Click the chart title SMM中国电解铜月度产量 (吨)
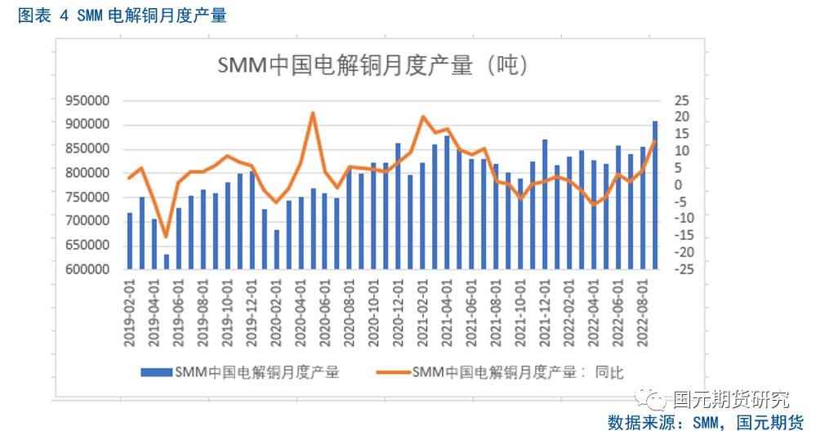pyautogui.click(x=371, y=66)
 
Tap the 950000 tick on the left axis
pyautogui.click(x=87, y=101)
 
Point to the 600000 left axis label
pyautogui.click(x=87, y=269)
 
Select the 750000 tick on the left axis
pyautogui.click(x=87, y=198)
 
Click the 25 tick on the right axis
pyautogui.click(x=680, y=100)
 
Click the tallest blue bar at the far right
pyautogui.click(x=655, y=195)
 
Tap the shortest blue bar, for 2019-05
pyautogui.click(x=167, y=261)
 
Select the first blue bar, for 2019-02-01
pyautogui.click(x=129, y=241)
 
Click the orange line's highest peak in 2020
pyautogui.click(x=312, y=113)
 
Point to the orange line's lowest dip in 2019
pyautogui.click(x=166, y=237)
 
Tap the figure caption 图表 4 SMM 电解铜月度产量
pyautogui.click(x=122, y=15)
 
